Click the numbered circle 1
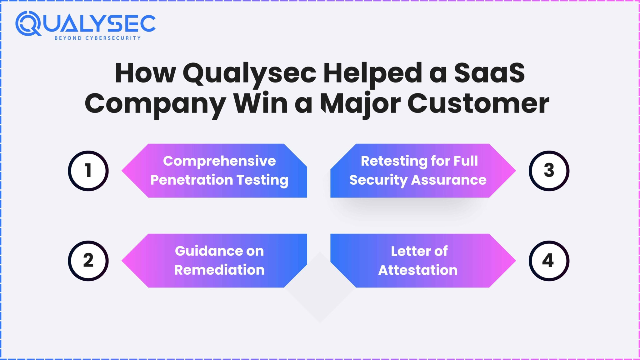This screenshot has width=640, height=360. (88, 171)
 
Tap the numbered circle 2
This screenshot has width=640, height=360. (88, 261)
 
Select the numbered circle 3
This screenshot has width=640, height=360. (549, 171)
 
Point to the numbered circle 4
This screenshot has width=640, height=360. (549, 261)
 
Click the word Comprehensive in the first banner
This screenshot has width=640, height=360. (219, 161)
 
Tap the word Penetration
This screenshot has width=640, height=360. (192, 180)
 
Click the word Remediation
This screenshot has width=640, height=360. (219, 270)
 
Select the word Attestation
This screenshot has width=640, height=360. (418, 270)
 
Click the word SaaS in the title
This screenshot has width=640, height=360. (489, 73)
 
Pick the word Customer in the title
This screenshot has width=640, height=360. (478, 104)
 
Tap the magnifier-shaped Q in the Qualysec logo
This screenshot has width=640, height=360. (28, 24)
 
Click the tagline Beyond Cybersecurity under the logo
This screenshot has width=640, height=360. (97, 38)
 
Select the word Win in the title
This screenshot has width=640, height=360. (261, 104)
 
